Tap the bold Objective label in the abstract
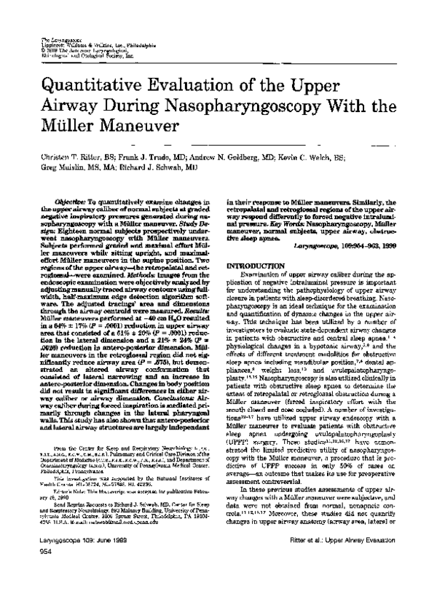click(x=71, y=199)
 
